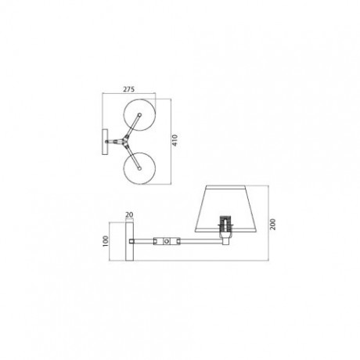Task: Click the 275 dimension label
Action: [x=128, y=89]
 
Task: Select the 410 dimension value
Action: [x=175, y=140]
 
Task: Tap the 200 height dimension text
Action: [x=272, y=224]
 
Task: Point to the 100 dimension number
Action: [x=106, y=241]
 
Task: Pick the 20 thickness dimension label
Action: [x=129, y=214]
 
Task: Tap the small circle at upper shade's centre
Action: [x=139, y=114]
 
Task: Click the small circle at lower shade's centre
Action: [x=140, y=168]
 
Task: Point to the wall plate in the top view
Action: [x=105, y=142]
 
